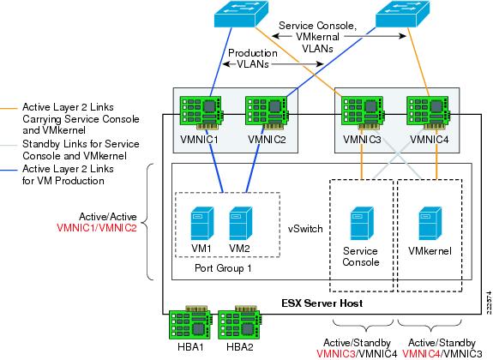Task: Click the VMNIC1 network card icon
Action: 201,112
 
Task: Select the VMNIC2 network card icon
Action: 268,112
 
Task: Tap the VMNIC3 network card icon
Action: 364,112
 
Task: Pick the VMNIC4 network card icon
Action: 430,112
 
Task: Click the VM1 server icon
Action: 202,224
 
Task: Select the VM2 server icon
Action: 241,224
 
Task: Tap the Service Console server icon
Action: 362,224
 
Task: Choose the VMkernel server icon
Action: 430,224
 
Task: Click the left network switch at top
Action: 242,15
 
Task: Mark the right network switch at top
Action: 402,15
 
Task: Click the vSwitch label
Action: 305,229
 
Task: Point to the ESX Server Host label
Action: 322,303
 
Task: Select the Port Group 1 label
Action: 223,268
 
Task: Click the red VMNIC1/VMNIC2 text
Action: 97,228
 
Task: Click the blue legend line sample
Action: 9,170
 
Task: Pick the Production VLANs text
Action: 253,58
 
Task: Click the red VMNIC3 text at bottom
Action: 335,354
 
